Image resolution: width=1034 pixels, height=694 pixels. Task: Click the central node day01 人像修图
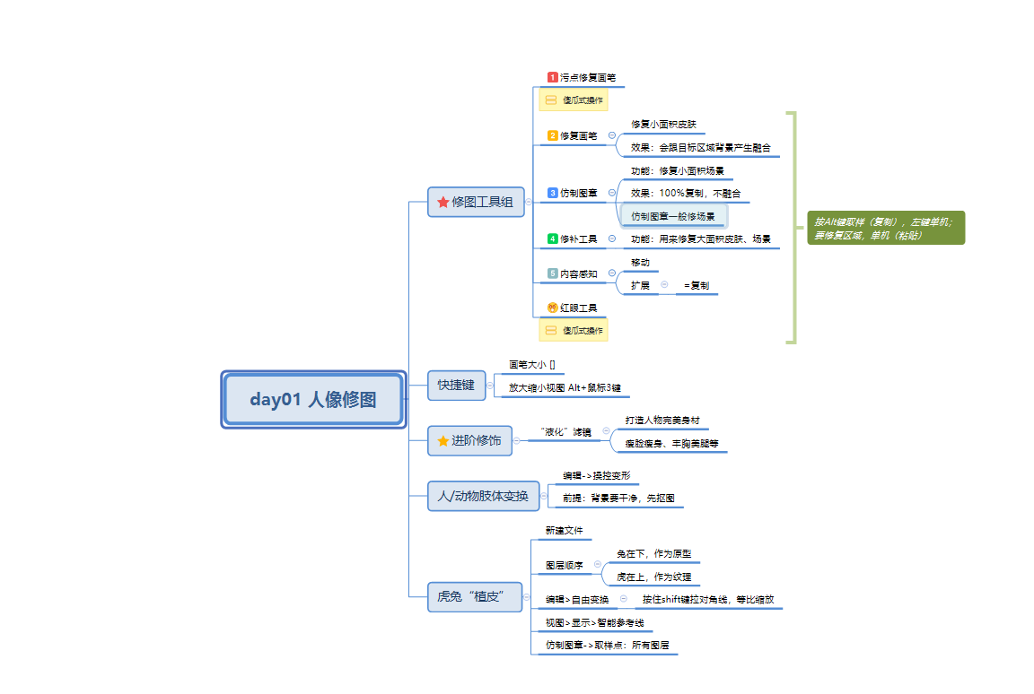click(x=313, y=400)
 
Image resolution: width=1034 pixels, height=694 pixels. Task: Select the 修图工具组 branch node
click(x=476, y=203)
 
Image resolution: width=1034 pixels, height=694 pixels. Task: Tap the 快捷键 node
click(x=456, y=385)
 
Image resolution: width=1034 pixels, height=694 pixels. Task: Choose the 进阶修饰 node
click(x=470, y=440)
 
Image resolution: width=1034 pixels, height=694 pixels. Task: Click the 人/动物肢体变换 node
click(x=482, y=496)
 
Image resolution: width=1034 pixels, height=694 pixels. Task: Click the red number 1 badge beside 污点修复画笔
click(x=553, y=78)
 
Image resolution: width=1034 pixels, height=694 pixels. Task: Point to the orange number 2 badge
click(x=553, y=136)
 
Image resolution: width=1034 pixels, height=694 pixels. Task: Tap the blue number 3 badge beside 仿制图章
click(x=553, y=193)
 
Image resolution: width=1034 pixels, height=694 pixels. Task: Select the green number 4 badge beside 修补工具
click(x=553, y=239)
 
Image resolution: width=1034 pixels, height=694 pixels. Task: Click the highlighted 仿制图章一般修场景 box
click(x=673, y=216)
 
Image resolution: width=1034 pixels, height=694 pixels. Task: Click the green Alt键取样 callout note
click(x=885, y=228)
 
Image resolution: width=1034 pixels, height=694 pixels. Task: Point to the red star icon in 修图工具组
click(x=443, y=203)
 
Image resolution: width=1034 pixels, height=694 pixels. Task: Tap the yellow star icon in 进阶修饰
click(x=443, y=440)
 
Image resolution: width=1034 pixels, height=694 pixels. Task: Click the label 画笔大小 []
click(x=531, y=365)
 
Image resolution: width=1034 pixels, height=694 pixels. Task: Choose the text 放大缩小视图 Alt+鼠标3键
click(x=564, y=388)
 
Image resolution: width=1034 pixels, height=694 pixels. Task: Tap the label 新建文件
click(x=564, y=531)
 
